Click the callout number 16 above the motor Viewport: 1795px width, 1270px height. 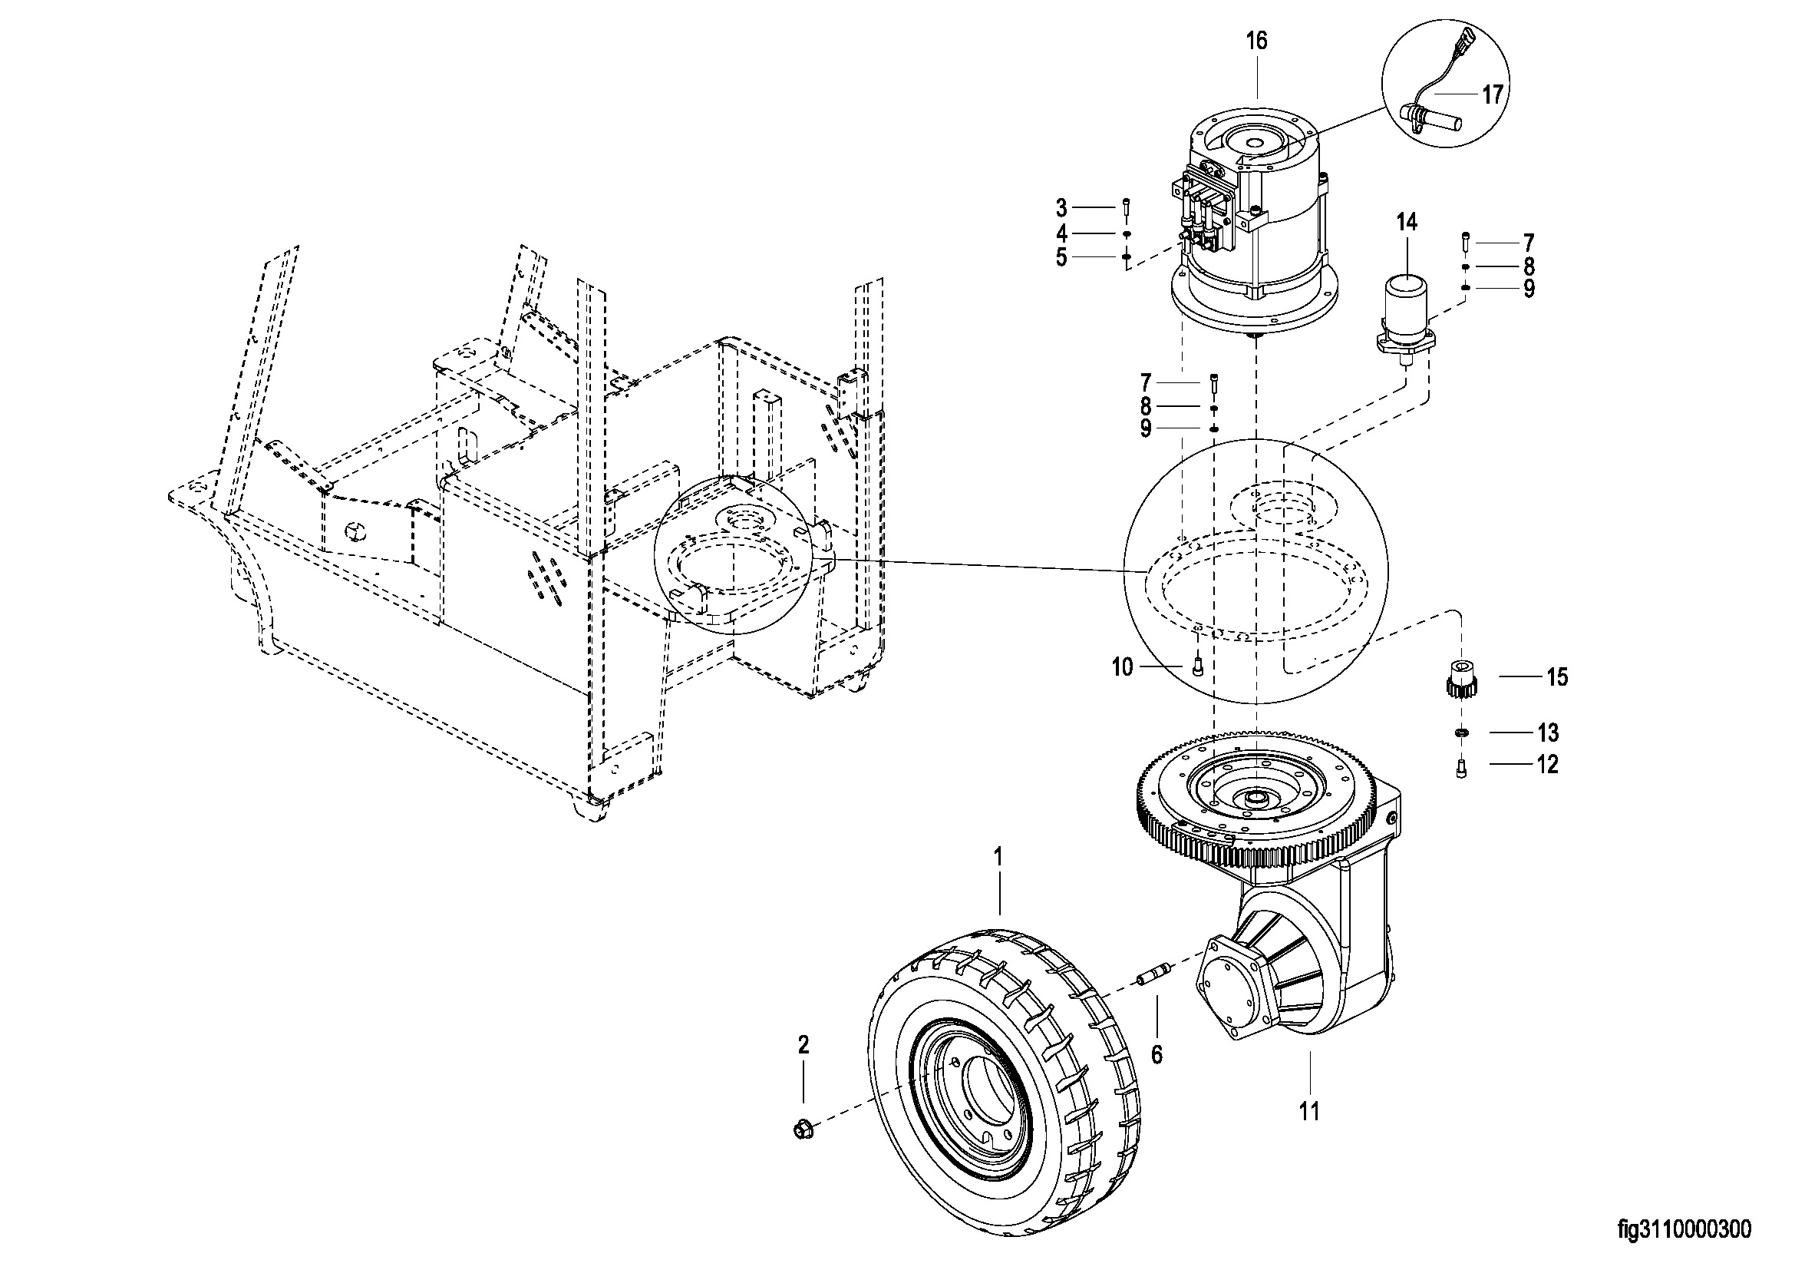tap(1256, 41)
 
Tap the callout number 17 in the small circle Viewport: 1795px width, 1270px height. tap(1492, 94)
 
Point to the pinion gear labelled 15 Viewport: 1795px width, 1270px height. tap(1458, 679)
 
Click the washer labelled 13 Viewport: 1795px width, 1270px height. tap(1459, 732)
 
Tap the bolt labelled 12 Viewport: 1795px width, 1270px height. tap(1461, 769)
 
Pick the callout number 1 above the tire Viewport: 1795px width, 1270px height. tap(998, 858)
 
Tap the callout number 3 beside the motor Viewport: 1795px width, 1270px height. tap(1061, 208)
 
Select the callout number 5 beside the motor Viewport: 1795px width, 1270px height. tap(1061, 257)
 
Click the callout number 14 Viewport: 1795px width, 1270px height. tap(1406, 223)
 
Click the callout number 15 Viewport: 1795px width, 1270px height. tap(1556, 677)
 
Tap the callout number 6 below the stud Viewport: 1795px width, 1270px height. tap(1157, 1055)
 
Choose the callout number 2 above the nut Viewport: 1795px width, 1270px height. tap(803, 1044)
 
